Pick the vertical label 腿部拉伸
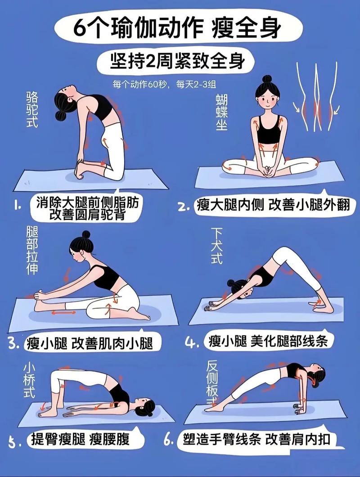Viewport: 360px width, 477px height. tap(33, 250)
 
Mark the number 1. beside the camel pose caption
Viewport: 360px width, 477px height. tap(18, 206)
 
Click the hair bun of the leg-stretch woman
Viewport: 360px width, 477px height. tap(86, 235)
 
